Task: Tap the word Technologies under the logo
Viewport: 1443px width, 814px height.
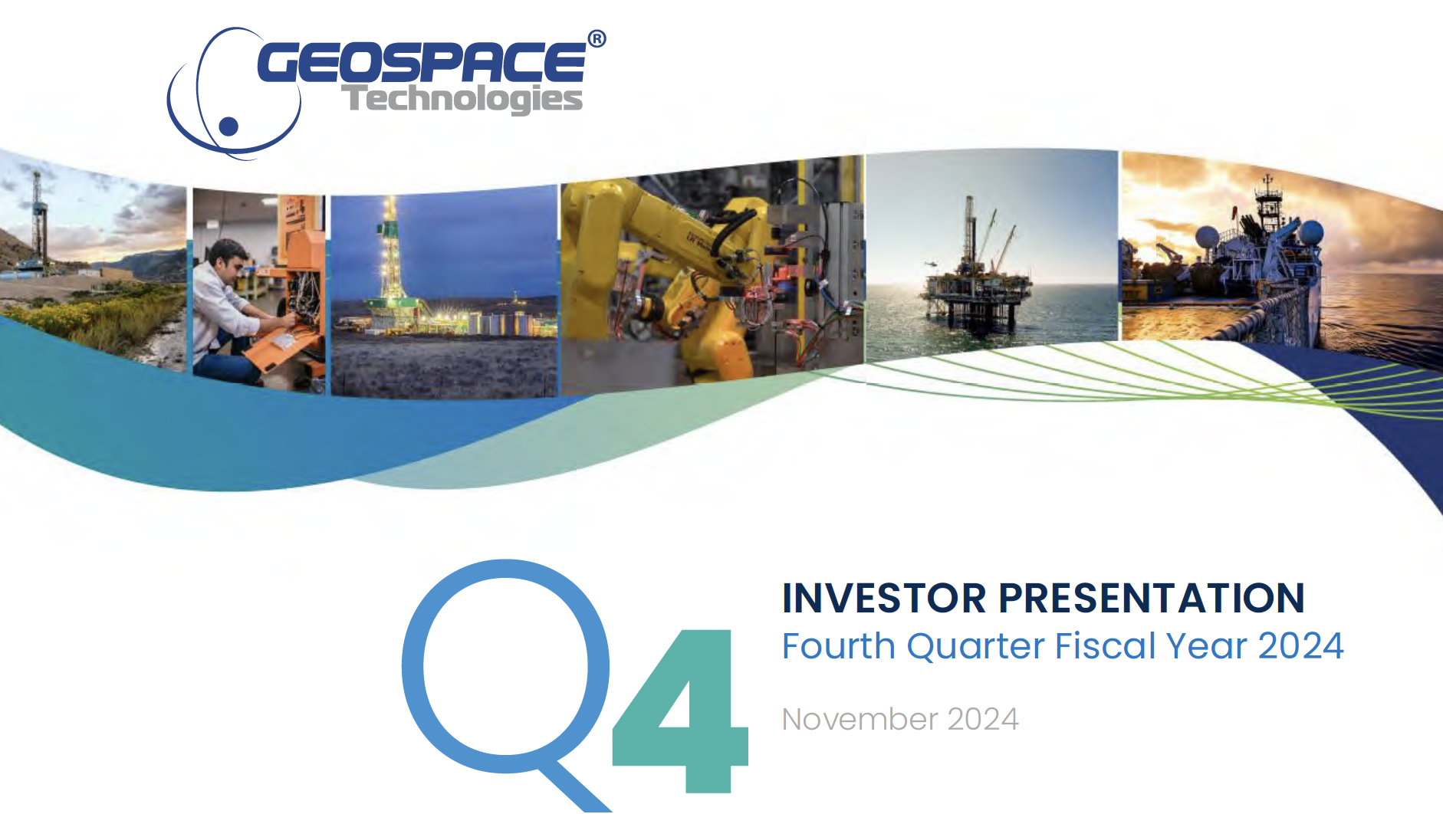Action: point(462,99)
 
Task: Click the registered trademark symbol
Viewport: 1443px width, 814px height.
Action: point(597,38)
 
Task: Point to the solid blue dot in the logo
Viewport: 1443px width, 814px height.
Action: point(228,126)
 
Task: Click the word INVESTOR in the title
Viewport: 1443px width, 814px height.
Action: point(884,599)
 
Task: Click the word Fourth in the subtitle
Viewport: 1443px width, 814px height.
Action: point(839,646)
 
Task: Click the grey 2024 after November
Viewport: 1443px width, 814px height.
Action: point(983,720)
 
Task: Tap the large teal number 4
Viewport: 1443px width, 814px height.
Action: point(682,711)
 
